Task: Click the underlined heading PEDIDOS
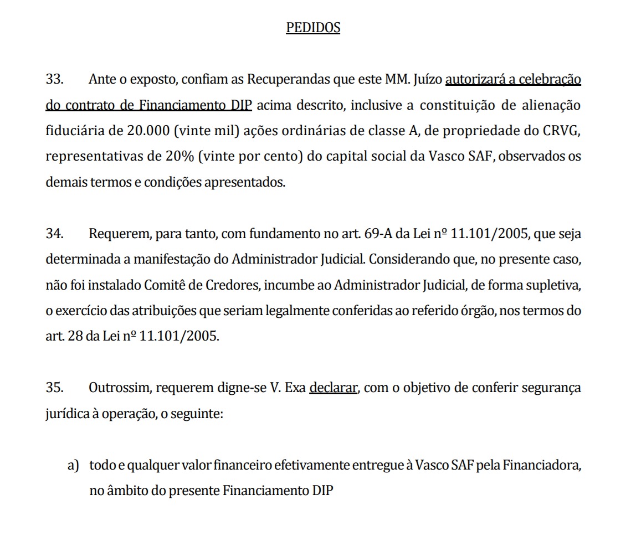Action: click(x=312, y=28)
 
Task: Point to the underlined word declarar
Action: click(x=333, y=388)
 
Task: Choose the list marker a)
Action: click(x=73, y=465)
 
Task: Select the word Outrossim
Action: click(x=119, y=388)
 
